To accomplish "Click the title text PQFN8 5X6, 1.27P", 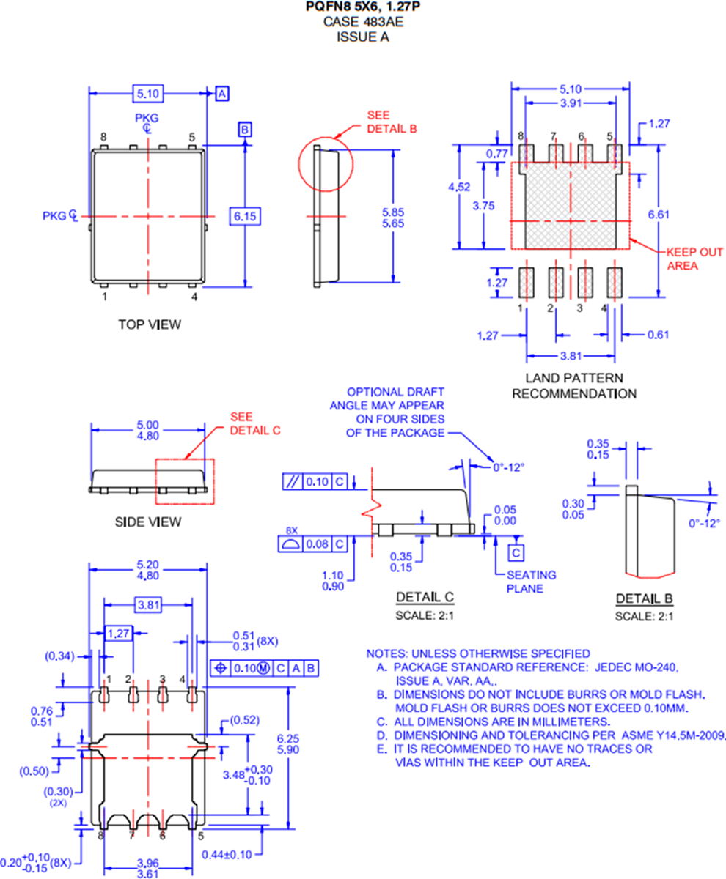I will coord(363,7).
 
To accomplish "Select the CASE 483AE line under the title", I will coord(363,22).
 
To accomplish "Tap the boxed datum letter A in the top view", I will coord(223,93).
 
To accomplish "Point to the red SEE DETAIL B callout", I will coord(392,122).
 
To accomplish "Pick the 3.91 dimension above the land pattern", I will coord(571,104).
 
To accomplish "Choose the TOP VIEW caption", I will coord(150,324).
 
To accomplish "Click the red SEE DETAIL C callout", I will coord(255,423).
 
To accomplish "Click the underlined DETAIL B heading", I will coord(644,599).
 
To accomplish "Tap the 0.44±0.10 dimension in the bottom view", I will coord(227,855).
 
